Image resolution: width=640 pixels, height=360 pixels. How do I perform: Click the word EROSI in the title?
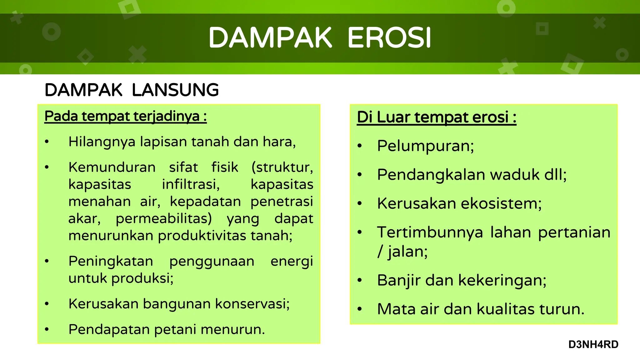click(389, 38)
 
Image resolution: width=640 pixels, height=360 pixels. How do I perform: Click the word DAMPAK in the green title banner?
click(270, 38)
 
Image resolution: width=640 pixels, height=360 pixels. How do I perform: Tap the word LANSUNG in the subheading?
click(175, 90)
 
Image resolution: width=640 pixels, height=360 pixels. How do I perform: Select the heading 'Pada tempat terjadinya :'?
click(125, 116)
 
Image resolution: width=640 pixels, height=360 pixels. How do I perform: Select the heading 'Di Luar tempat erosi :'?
click(436, 117)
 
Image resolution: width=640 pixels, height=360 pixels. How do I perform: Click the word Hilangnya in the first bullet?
click(102, 142)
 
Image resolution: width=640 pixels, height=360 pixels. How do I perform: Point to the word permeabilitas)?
click(164, 218)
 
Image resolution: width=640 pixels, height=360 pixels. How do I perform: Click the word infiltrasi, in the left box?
click(191, 184)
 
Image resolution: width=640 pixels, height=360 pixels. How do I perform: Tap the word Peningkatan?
click(111, 261)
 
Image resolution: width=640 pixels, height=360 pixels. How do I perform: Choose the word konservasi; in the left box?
click(252, 304)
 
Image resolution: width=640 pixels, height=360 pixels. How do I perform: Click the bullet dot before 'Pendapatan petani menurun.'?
click(47, 329)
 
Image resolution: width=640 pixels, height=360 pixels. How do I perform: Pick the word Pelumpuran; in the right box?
click(425, 146)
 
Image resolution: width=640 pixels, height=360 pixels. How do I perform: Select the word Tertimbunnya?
click(430, 232)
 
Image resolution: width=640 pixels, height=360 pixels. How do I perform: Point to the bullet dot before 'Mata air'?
click(360, 309)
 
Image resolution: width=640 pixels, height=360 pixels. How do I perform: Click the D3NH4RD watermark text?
click(593, 344)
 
